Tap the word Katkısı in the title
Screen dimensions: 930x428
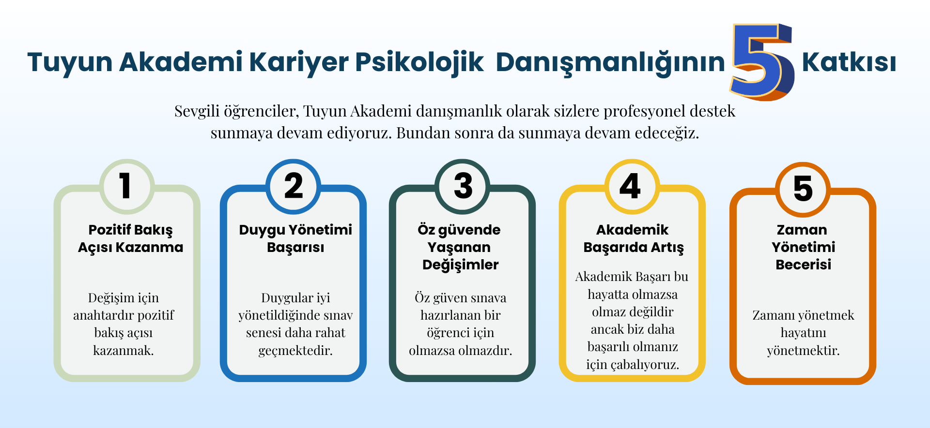pos(849,62)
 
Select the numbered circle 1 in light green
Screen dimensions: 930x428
pos(127,186)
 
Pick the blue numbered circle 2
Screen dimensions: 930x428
pos(294,186)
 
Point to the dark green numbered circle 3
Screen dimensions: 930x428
pos(463,186)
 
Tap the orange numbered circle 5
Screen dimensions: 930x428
pos(803,189)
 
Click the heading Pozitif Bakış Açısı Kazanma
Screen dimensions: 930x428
pos(131,238)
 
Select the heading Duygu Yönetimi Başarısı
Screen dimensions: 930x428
pos(295,238)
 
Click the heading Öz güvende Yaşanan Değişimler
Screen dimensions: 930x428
pos(460,247)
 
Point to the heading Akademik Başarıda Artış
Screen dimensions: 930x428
pos(633,238)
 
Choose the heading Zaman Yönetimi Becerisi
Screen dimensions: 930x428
pos(804,247)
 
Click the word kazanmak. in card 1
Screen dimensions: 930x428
pos(124,350)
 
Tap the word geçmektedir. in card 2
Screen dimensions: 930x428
pos(295,351)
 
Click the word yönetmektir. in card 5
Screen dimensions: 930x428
pos(804,350)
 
